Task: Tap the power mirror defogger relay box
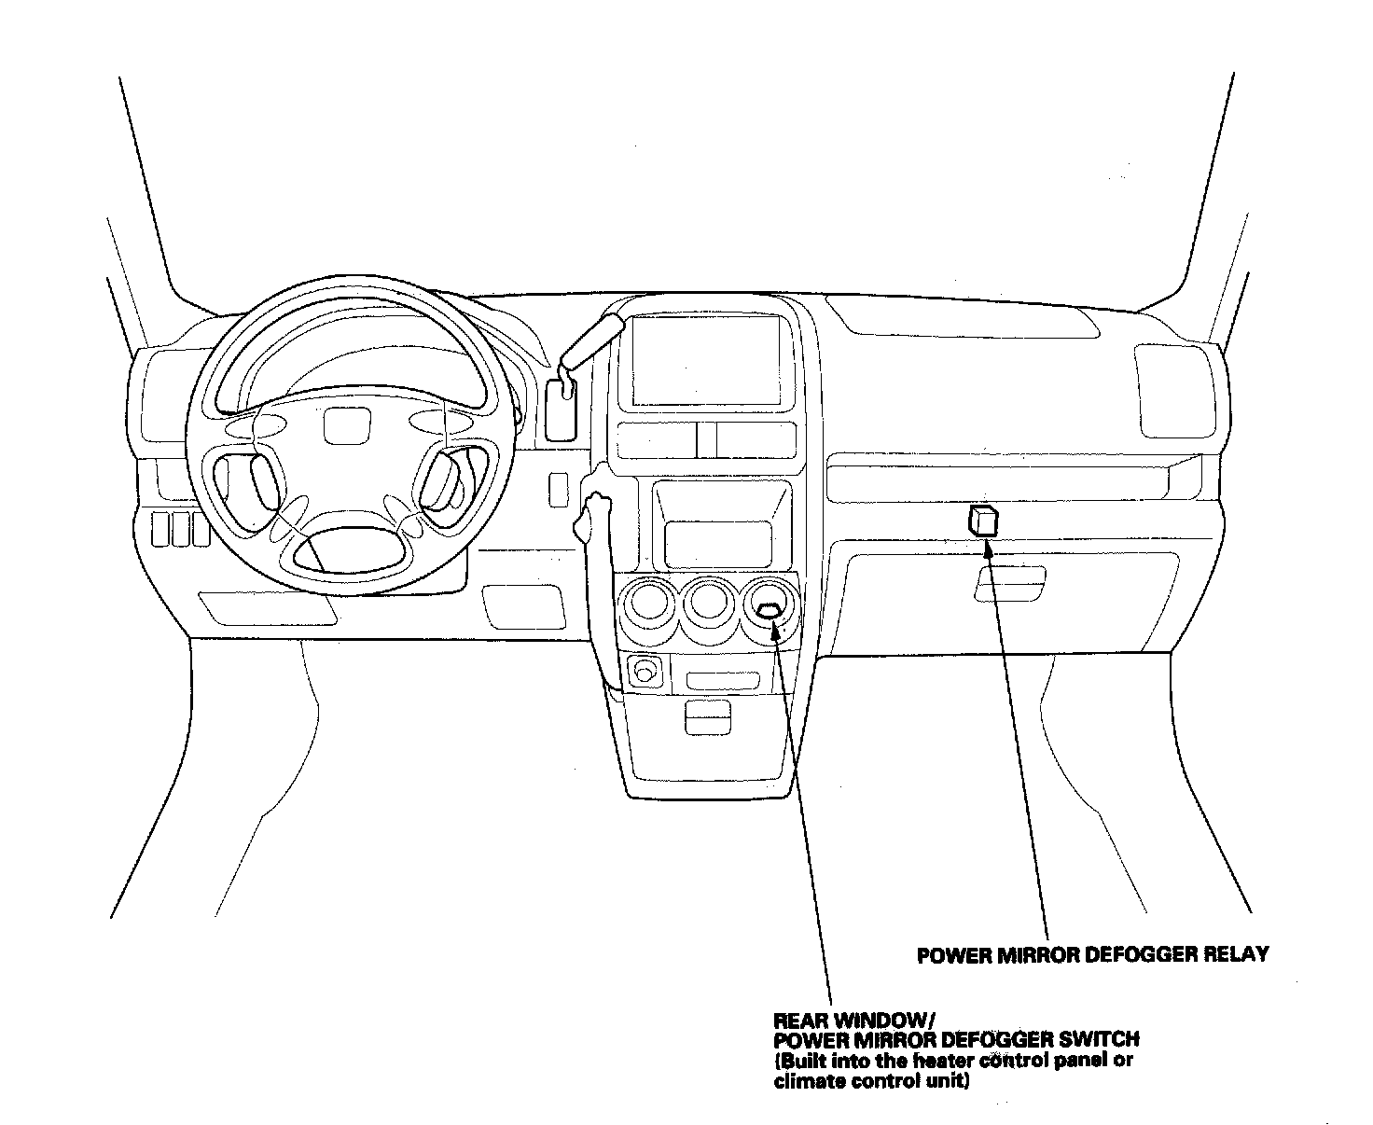point(983,520)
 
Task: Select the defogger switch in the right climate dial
point(769,611)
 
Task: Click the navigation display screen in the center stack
point(704,359)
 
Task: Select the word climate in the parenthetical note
point(805,1082)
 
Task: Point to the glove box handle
point(1009,590)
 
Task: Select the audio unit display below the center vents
point(717,544)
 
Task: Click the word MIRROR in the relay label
point(1032,954)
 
